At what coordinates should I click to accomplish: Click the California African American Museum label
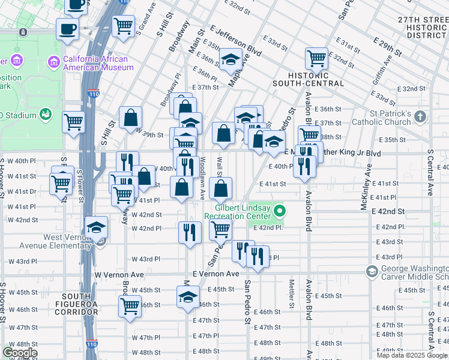(99, 63)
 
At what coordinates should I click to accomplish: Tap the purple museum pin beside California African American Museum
(54, 61)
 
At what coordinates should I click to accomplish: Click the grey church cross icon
(421, 115)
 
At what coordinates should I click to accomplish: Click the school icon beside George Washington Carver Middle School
(372, 272)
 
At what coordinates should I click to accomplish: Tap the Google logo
(20, 353)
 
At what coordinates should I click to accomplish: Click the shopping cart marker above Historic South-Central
(316, 59)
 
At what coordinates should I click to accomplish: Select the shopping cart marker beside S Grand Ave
(123, 26)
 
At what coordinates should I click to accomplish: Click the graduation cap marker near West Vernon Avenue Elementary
(96, 227)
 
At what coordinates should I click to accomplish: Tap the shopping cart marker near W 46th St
(130, 306)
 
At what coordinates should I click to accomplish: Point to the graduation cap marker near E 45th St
(188, 297)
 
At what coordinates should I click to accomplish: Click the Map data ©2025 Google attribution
(411, 355)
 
